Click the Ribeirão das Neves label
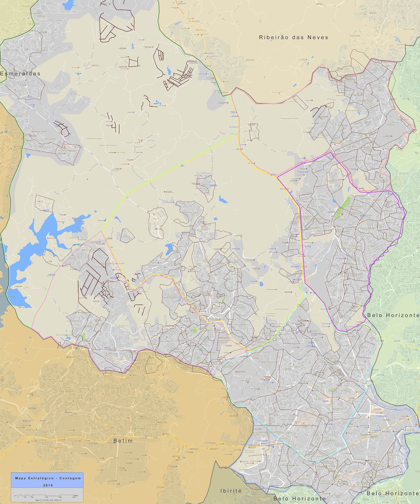293,37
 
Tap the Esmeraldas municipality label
20,74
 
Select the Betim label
123,441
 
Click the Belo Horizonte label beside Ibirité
300,499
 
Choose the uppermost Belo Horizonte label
393,315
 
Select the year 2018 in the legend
48,485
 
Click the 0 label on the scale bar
18,497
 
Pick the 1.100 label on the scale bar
46,497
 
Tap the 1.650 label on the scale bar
60,497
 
